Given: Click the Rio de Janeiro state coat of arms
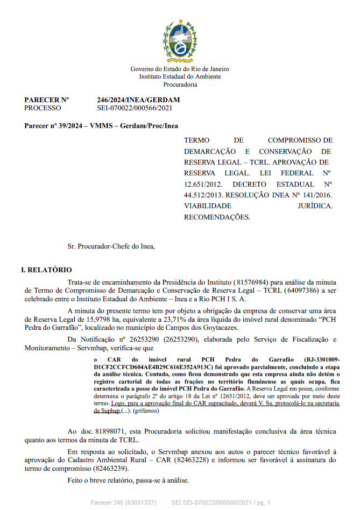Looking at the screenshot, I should [180, 40].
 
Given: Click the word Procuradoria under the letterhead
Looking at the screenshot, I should [180, 84].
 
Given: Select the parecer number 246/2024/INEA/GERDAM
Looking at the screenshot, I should [138, 100].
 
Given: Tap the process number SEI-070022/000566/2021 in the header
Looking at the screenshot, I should [135, 108].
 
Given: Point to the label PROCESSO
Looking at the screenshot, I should [43, 108].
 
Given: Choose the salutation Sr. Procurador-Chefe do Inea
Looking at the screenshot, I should [111, 246].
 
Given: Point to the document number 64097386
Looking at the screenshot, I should [302, 291].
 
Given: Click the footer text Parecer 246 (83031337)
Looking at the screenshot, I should [123, 502].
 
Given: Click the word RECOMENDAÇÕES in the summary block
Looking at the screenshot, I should [217, 217].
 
